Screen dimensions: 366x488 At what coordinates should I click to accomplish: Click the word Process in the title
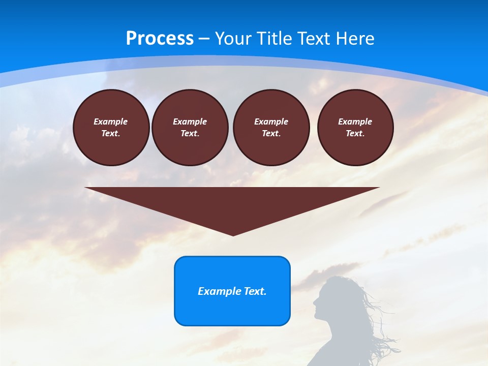(x=160, y=39)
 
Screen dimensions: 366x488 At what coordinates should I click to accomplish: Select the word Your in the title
(x=233, y=39)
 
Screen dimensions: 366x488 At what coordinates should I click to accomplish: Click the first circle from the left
(x=111, y=128)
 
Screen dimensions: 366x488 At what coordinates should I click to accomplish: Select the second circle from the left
(x=190, y=128)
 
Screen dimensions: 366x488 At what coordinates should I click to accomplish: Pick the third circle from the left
(x=271, y=128)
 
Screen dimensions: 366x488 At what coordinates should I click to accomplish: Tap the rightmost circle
(x=355, y=128)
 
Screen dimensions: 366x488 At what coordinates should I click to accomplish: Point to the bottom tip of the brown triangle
(x=233, y=235)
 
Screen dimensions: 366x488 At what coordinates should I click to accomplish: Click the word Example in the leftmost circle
(x=111, y=121)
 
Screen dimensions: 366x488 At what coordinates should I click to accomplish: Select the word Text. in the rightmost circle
(x=355, y=133)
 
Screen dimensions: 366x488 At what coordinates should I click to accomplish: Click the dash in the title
(x=204, y=39)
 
